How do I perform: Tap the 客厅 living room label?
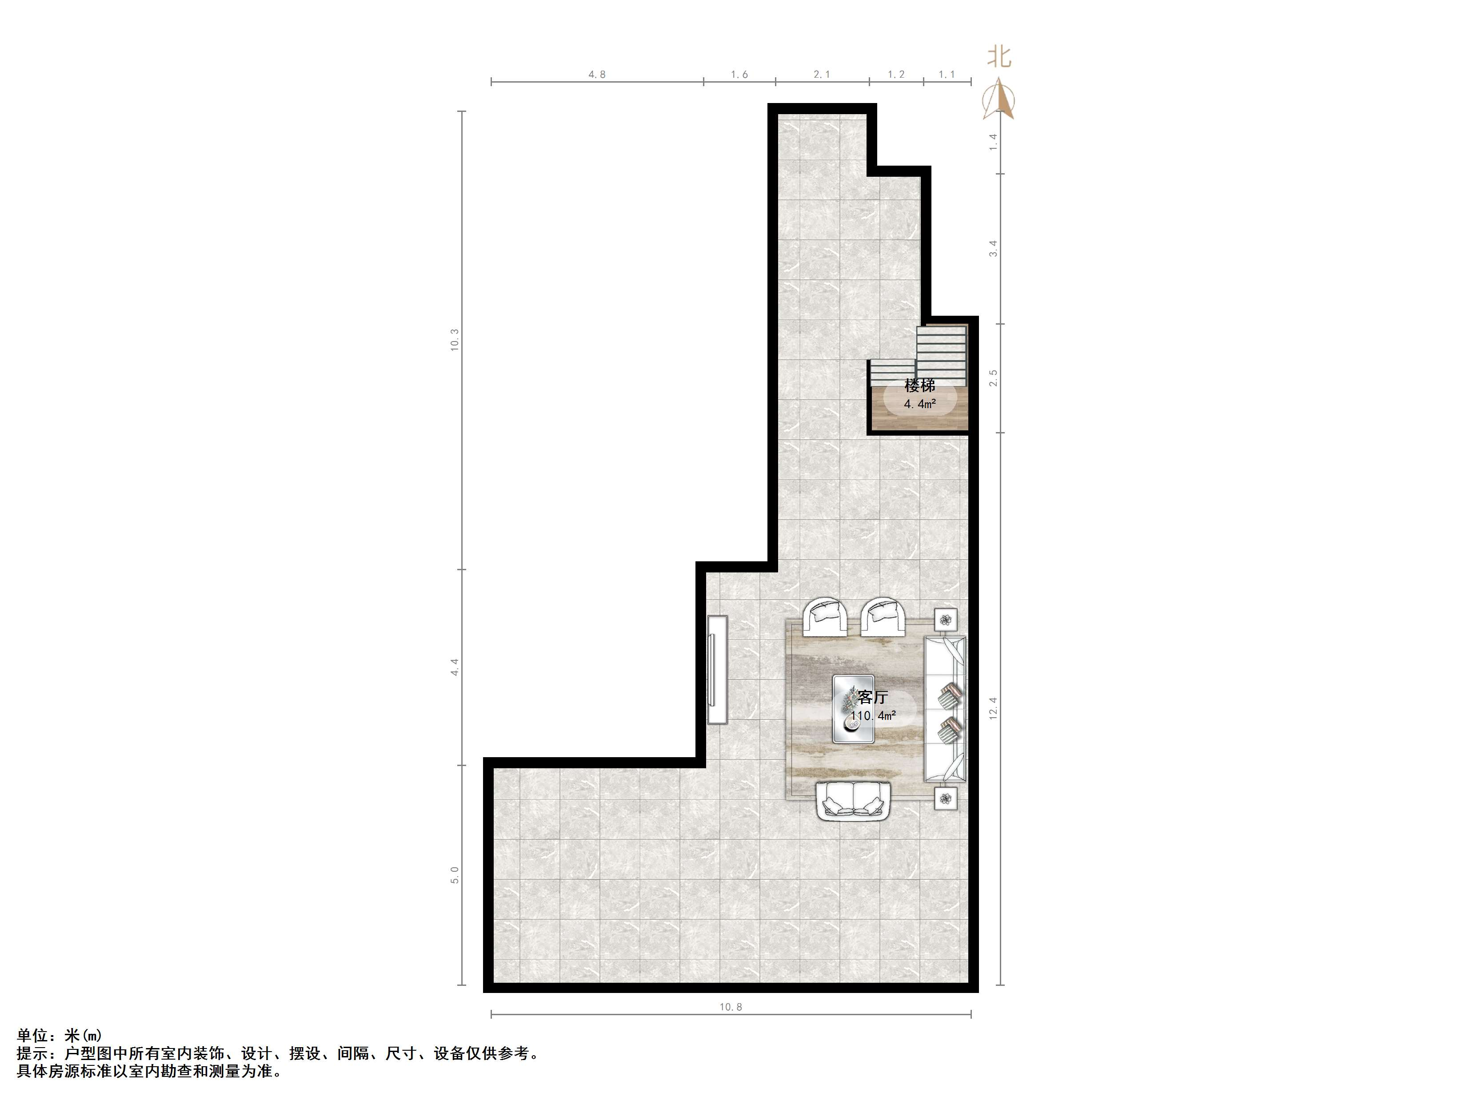pos(872,697)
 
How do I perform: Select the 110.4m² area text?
pos(872,715)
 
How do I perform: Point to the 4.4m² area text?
pos(919,404)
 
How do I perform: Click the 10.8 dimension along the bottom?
pos(731,1007)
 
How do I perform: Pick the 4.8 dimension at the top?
pos(597,75)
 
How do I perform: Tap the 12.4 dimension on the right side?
pos(993,708)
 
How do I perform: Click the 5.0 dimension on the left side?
pos(455,875)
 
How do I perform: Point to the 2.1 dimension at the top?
pos(822,75)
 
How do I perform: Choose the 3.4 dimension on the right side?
pos(993,248)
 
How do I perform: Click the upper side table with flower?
pos(946,619)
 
